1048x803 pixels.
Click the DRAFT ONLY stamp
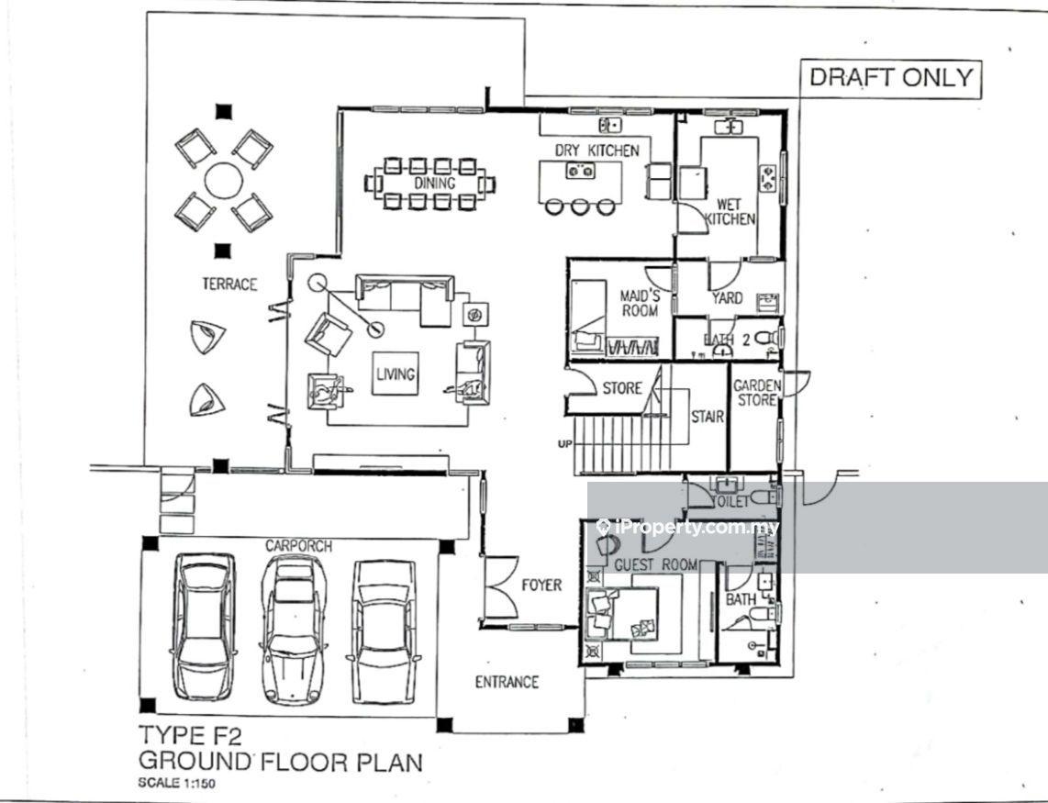point(890,78)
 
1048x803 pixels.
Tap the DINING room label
point(434,184)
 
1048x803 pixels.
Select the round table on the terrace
point(224,180)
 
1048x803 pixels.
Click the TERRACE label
point(229,284)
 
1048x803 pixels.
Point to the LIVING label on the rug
point(396,374)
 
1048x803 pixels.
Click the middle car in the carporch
point(294,630)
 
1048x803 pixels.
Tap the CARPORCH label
point(299,546)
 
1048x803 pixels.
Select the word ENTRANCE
point(507,682)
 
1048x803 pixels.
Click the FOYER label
point(541,585)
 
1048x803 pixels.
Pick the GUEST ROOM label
point(655,565)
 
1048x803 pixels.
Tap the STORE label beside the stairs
point(622,388)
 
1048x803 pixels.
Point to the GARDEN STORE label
point(757,393)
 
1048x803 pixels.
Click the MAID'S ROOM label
point(640,303)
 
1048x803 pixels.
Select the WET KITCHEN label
point(730,211)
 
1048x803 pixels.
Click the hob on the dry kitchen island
point(581,172)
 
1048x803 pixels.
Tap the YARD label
point(727,297)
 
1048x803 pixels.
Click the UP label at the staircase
point(564,443)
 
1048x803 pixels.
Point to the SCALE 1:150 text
point(176,783)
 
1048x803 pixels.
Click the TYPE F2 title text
point(190,735)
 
